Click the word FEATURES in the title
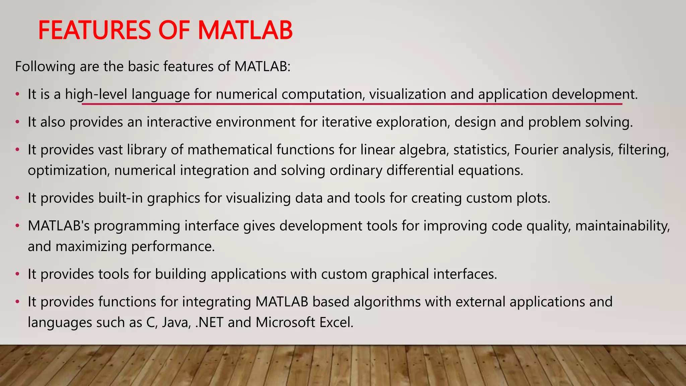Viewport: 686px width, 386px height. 95,30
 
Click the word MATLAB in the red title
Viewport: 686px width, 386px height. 245,30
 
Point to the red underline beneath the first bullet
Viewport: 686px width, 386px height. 352,104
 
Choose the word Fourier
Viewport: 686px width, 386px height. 536,150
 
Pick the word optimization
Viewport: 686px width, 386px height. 69,171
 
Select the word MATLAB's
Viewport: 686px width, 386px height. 59,226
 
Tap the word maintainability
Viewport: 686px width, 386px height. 622,226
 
